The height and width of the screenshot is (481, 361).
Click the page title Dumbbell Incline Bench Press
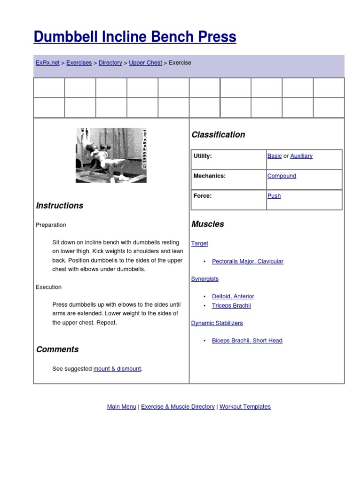135,37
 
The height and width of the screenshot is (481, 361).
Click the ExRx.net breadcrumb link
47,62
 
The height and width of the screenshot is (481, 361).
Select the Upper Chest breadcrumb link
145,62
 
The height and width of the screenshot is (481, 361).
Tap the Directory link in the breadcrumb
110,62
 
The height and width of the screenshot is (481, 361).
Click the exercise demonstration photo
111,155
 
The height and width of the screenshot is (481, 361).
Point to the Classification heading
218,135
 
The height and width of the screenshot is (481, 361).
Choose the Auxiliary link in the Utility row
301,156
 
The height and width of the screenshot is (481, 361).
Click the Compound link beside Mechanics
282,176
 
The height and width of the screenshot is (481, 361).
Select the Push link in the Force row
274,196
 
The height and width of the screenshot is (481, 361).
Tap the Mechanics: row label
210,176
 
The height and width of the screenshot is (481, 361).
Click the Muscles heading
208,224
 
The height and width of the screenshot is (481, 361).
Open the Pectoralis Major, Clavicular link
248,261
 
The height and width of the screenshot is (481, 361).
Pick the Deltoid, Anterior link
233,296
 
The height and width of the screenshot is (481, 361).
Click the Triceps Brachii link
231,305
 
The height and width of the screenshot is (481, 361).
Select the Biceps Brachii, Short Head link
247,341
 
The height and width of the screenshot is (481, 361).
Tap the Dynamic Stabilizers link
217,323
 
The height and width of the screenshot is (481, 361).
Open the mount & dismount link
117,369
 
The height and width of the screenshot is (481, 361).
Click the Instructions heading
60,205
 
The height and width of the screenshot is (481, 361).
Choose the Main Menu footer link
122,407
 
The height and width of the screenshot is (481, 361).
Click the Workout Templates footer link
245,407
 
